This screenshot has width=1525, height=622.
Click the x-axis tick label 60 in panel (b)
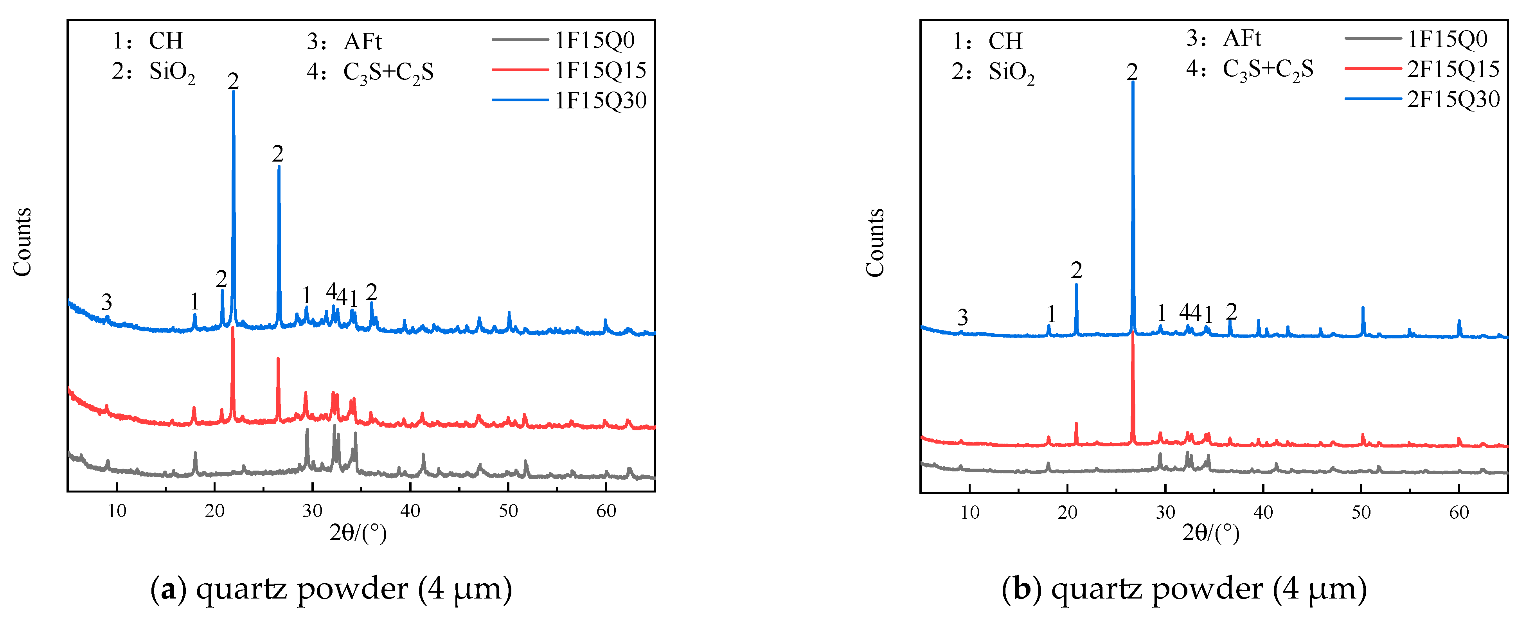[x=1459, y=512]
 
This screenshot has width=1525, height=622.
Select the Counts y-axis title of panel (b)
[x=875, y=243]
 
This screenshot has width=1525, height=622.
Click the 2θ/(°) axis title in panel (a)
[x=358, y=533]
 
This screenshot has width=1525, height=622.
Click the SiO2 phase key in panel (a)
[x=172, y=72]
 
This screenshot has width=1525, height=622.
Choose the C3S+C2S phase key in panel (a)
[x=388, y=72]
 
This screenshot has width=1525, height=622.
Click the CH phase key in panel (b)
[x=1005, y=41]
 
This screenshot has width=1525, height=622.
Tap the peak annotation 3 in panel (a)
[x=106, y=302]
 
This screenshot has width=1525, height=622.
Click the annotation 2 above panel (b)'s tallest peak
[x=1132, y=72]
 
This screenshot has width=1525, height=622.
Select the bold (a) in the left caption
[x=168, y=589]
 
